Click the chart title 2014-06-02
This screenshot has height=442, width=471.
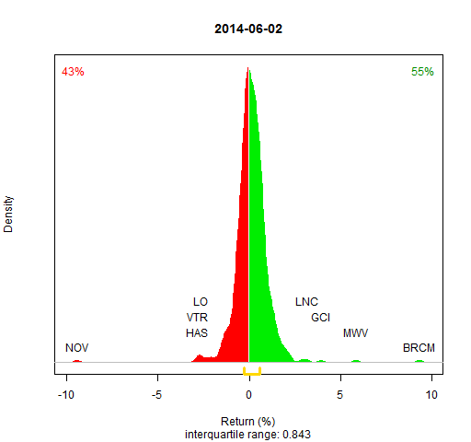point(248,29)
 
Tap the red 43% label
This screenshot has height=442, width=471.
point(73,72)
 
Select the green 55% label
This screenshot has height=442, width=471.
point(422,72)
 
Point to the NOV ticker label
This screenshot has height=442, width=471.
point(76,348)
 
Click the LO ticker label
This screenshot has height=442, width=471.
point(201,302)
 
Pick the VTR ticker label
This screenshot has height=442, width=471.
point(197,317)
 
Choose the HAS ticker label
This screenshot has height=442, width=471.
point(197,332)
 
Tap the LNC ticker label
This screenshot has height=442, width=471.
point(306,302)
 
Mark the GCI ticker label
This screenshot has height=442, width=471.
point(320,317)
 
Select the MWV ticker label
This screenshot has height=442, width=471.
point(355,332)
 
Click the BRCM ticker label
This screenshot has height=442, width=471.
point(419,348)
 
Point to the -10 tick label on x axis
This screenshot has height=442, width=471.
point(66,394)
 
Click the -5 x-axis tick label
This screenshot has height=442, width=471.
point(156,394)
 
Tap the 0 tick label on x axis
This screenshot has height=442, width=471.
point(248,394)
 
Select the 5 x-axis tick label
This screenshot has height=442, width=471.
point(339,394)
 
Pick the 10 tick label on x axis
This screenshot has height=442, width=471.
point(431,394)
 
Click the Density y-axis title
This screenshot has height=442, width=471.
point(8,215)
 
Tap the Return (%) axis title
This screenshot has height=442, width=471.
point(248,422)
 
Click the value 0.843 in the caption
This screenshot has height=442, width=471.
point(296,435)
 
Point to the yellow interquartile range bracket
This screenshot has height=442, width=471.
point(252,374)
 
